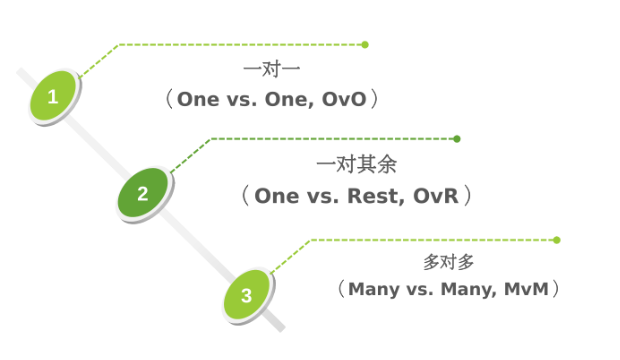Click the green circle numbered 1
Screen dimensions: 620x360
[x=53, y=95]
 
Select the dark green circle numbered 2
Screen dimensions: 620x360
[x=142, y=193]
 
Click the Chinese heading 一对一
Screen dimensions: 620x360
[x=272, y=69]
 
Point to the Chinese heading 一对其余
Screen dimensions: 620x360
[x=356, y=164]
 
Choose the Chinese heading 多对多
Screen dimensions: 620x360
[x=448, y=262]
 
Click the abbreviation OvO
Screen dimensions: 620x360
[x=344, y=99]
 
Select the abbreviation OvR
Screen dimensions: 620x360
[x=436, y=196]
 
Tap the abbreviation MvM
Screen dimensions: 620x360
[x=526, y=289]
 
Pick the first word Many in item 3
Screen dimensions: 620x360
[x=374, y=290]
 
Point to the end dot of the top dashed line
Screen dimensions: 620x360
[x=365, y=45]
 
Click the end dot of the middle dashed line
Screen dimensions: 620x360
[x=457, y=139]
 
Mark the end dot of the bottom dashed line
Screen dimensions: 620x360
[x=557, y=240]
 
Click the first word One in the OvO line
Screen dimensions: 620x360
[x=198, y=99]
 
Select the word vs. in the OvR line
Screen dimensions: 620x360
[x=323, y=197]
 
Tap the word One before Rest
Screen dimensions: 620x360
[x=276, y=196]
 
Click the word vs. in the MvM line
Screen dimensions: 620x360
[x=420, y=290]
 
